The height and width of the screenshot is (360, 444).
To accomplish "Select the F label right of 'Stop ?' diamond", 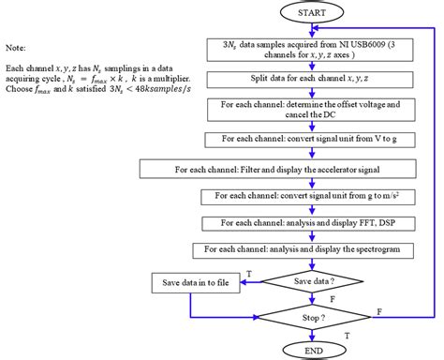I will pyautogui.click(x=377, y=308).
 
